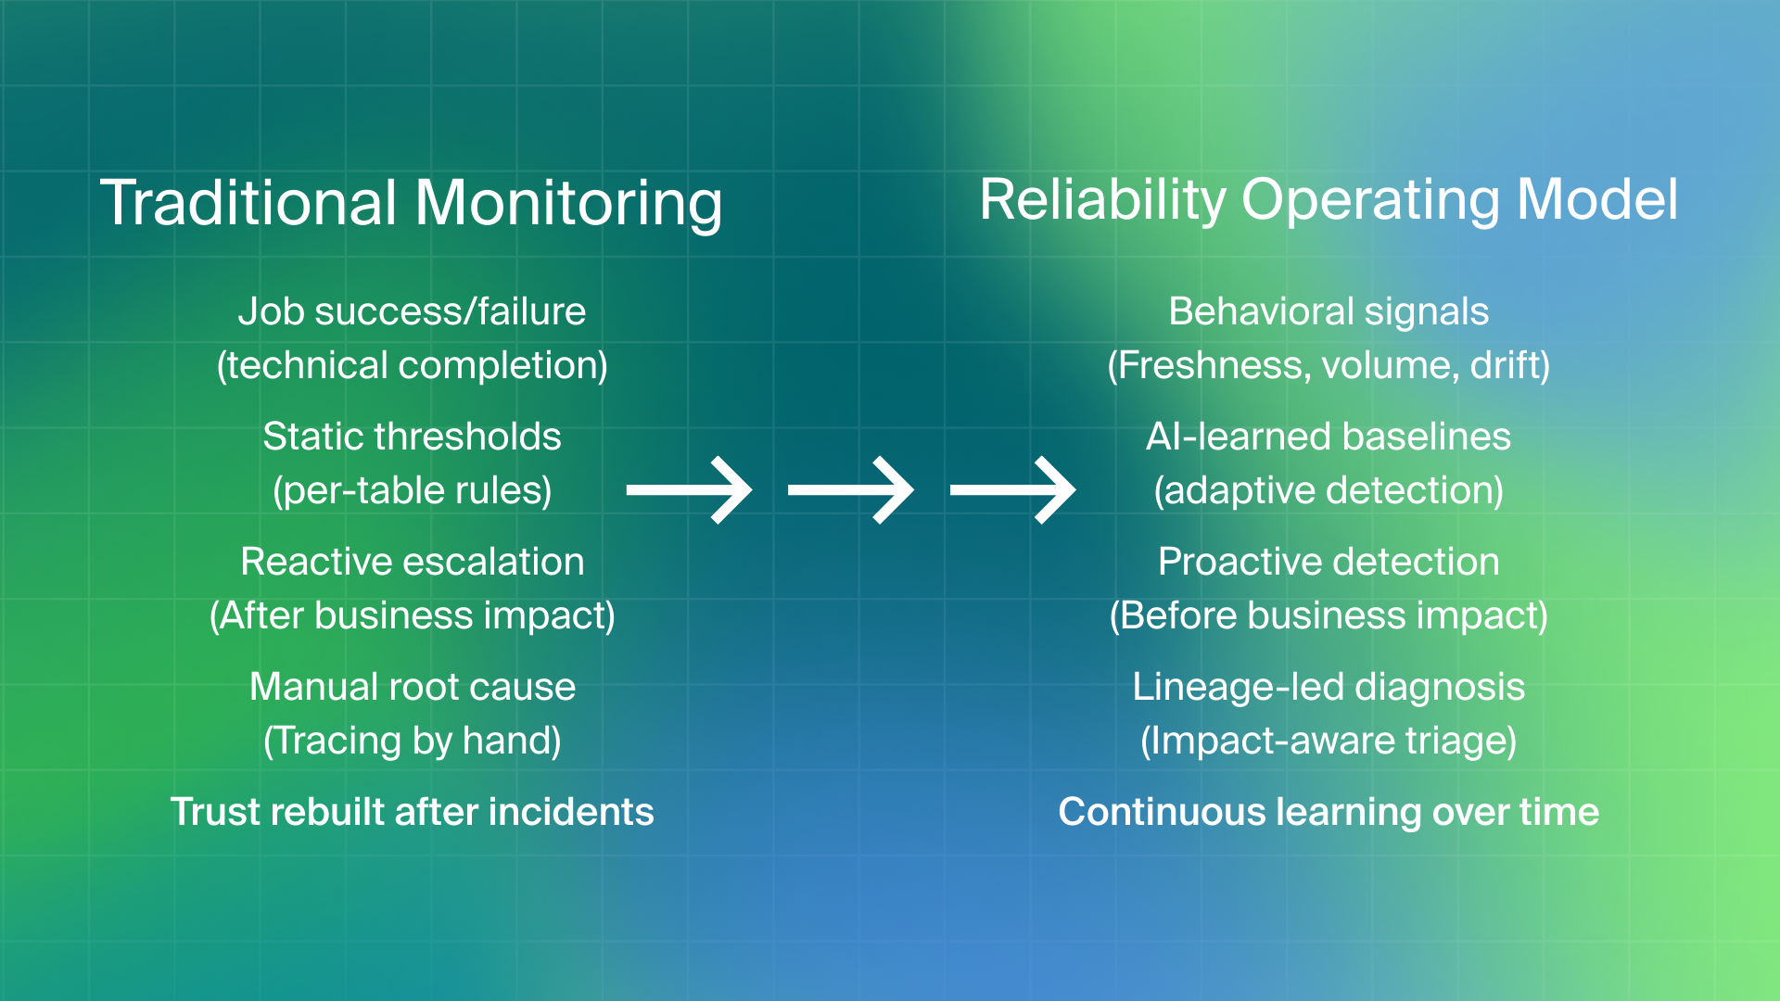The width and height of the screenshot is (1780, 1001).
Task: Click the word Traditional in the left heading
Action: (248, 203)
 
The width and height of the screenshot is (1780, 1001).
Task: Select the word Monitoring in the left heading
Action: (568, 203)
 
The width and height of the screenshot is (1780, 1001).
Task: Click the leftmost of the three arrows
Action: (690, 490)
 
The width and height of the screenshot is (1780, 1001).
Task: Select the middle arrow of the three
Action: (851, 490)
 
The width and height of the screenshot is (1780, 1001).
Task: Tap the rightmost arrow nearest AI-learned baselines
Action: (1013, 490)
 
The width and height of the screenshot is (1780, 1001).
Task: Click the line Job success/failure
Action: (412, 311)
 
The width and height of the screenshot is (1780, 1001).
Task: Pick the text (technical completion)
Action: (412, 365)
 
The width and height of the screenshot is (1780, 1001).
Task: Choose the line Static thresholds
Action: (412, 437)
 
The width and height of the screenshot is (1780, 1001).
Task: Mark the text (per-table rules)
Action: (412, 490)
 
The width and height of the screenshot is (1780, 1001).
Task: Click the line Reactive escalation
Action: (412, 562)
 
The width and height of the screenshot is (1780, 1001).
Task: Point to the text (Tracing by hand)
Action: (412, 741)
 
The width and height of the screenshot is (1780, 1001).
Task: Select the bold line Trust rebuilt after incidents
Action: (412, 812)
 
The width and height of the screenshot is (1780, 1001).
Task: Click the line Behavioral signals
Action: (1329, 311)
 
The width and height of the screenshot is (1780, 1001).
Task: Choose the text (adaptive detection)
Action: (1329, 490)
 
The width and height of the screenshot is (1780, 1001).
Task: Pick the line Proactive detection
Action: (1329, 562)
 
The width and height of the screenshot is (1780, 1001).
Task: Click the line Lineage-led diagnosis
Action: (1329, 687)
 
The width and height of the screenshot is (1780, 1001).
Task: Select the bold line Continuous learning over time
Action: (1329, 812)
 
